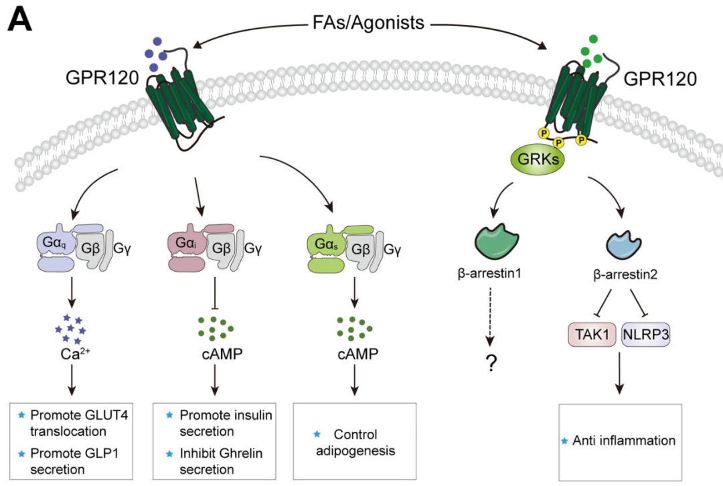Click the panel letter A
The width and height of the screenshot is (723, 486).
pyautogui.click(x=19, y=22)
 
